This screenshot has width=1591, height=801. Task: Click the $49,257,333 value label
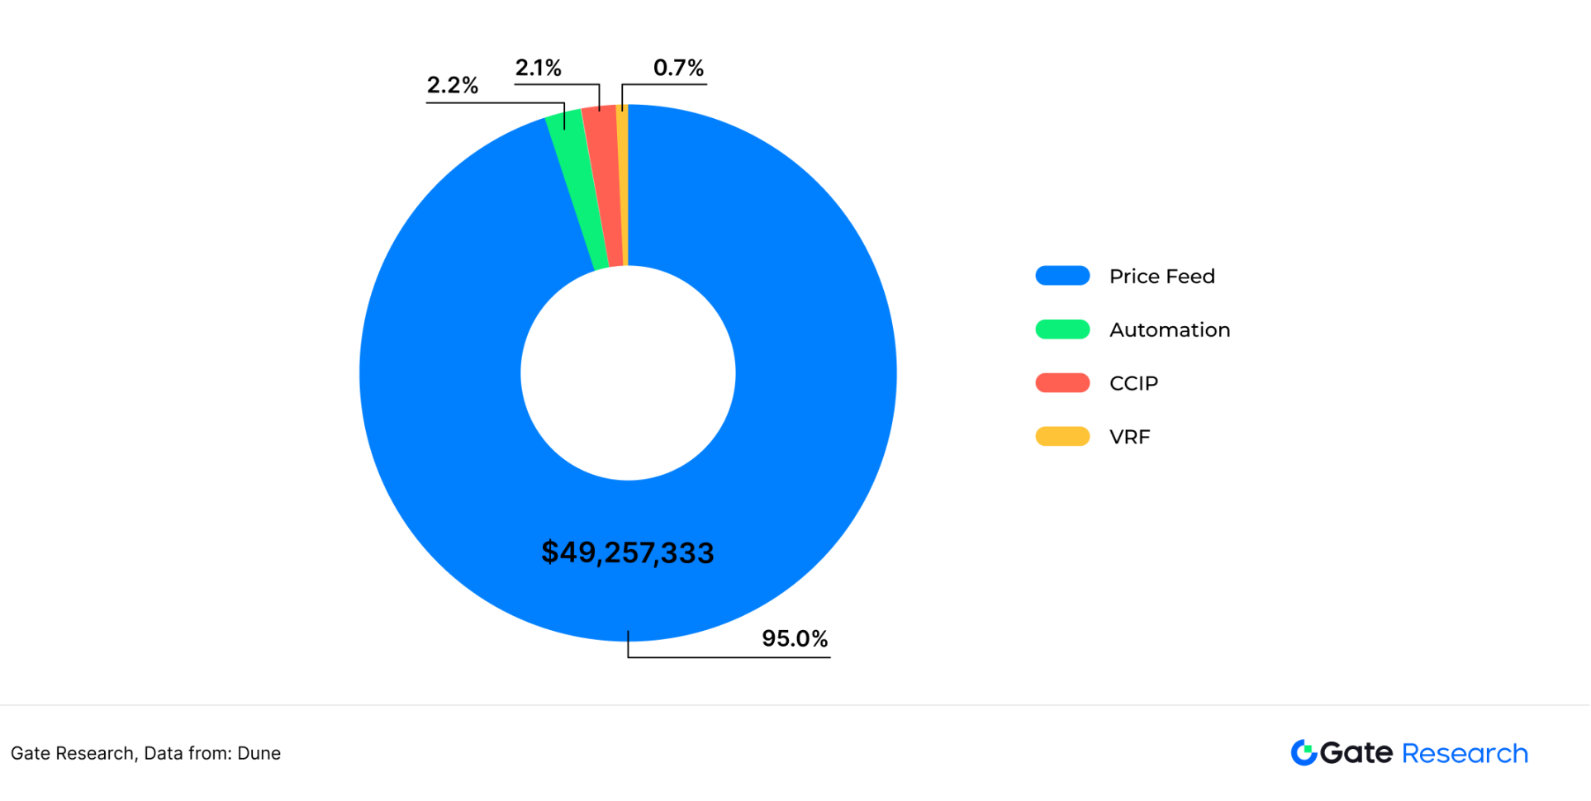click(x=627, y=552)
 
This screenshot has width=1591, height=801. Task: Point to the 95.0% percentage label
click(x=794, y=638)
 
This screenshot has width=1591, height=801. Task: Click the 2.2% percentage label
click(x=452, y=85)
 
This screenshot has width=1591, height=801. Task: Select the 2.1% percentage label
click(x=538, y=68)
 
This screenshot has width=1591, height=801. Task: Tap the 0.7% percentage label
click(x=678, y=68)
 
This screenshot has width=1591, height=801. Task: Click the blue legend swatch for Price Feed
click(x=1062, y=276)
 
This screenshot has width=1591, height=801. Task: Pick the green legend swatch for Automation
click(x=1062, y=329)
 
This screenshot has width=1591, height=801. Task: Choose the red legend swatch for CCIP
click(x=1062, y=383)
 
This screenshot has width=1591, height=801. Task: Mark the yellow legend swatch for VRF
click(x=1062, y=436)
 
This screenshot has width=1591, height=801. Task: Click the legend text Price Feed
click(x=1161, y=277)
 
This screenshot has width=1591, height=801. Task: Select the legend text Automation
click(x=1169, y=330)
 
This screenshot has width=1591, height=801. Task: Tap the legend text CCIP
click(x=1133, y=383)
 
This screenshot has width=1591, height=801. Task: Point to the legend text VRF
click(x=1129, y=437)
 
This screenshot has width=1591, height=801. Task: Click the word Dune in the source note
click(x=259, y=753)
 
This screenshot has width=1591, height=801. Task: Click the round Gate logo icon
click(x=1304, y=752)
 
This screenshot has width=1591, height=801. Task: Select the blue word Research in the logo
click(x=1465, y=753)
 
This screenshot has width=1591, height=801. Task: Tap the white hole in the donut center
click(x=628, y=373)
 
